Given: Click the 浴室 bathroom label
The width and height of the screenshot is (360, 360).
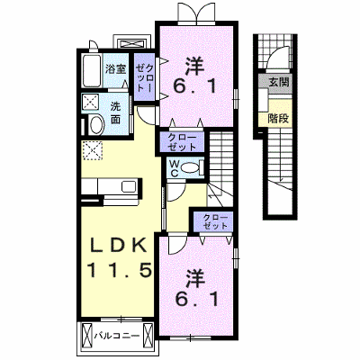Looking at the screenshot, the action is click(x=115, y=69).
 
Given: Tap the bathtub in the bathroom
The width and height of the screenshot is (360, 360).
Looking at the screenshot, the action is click(x=91, y=71).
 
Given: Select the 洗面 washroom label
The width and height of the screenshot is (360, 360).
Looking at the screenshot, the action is click(x=115, y=113).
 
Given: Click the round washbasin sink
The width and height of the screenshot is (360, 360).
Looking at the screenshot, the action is click(x=96, y=125).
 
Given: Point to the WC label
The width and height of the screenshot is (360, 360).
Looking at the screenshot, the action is click(x=174, y=168).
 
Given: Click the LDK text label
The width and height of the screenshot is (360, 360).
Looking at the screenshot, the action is click(x=119, y=247).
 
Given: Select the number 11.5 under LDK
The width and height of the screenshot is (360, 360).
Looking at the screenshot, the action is click(x=119, y=271).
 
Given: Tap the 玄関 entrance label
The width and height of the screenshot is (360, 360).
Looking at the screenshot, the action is click(x=279, y=82).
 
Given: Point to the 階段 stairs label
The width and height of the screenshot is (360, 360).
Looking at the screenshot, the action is click(x=279, y=118).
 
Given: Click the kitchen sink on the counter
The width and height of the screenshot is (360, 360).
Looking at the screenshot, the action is click(x=129, y=186).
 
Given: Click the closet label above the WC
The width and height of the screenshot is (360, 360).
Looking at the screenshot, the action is click(x=182, y=142).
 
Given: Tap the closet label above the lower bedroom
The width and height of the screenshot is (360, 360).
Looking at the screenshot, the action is click(x=215, y=221).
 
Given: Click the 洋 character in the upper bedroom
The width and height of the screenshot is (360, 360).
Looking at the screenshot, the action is click(x=194, y=67).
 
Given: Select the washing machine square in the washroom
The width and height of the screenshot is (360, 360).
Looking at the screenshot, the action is click(x=91, y=102).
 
